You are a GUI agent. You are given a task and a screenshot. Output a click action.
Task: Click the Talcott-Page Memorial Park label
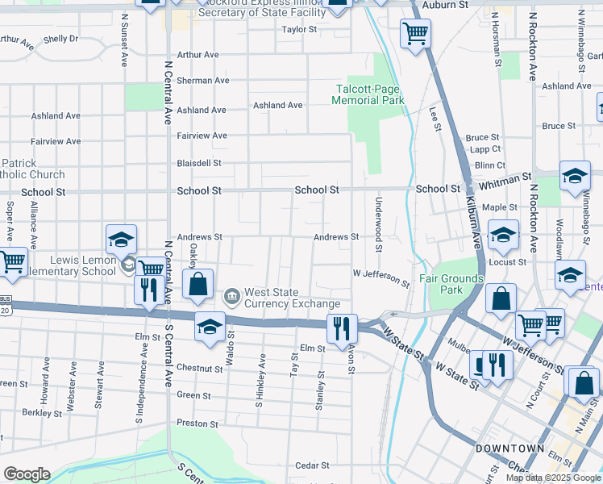(368, 94)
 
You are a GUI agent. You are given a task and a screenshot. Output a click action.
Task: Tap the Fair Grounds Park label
(452, 284)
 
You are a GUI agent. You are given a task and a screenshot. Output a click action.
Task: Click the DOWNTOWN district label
(509, 449)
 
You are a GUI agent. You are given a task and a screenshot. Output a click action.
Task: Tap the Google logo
(27, 474)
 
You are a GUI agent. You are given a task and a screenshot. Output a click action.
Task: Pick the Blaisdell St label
(199, 163)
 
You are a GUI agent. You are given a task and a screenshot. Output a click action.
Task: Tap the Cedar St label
(312, 465)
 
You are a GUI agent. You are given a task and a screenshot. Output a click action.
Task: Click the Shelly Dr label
(61, 39)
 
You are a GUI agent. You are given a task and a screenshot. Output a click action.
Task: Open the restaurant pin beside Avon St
(342, 326)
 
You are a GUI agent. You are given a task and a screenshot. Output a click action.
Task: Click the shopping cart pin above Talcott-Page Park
(416, 34)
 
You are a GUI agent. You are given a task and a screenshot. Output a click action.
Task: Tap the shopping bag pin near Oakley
(198, 284)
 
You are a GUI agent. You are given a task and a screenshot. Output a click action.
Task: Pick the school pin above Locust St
(503, 234)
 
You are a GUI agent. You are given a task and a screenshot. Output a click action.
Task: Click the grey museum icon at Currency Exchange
(232, 298)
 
